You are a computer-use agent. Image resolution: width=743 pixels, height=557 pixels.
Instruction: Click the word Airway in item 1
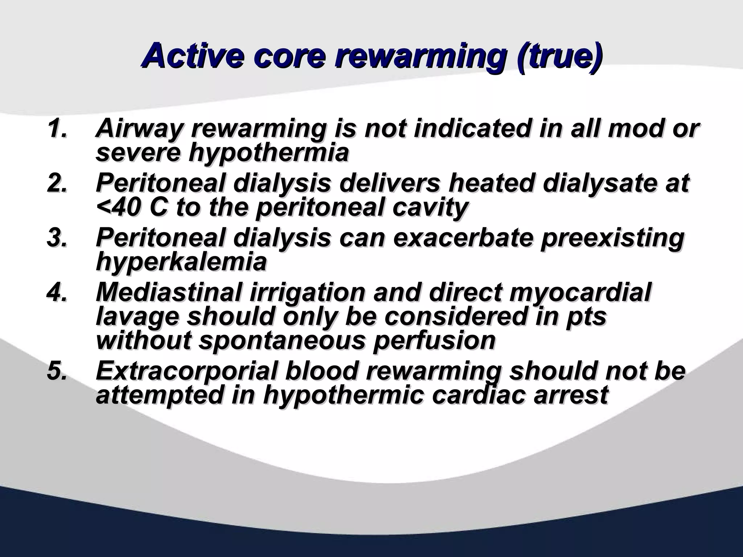[138, 129]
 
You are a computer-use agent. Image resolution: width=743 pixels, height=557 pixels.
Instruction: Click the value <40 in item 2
[120, 208]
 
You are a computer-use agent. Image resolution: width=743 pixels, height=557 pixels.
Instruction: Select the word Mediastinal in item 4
[169, 292]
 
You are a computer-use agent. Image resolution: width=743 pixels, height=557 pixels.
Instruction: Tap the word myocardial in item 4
[580, 292]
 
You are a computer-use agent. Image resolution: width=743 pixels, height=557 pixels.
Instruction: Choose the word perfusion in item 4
[434, 341]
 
